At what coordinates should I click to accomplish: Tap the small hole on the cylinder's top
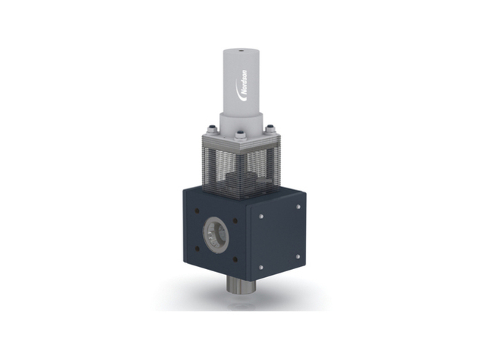pos(239,52)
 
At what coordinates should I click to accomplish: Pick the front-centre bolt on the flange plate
pos(240,136)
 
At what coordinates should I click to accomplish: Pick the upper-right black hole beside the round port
pos(233,217)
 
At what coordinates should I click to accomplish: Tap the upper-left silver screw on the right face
pos(260,217)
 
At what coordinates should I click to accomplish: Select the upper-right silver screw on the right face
pos(298,207)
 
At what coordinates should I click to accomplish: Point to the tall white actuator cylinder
pos(239,84)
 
